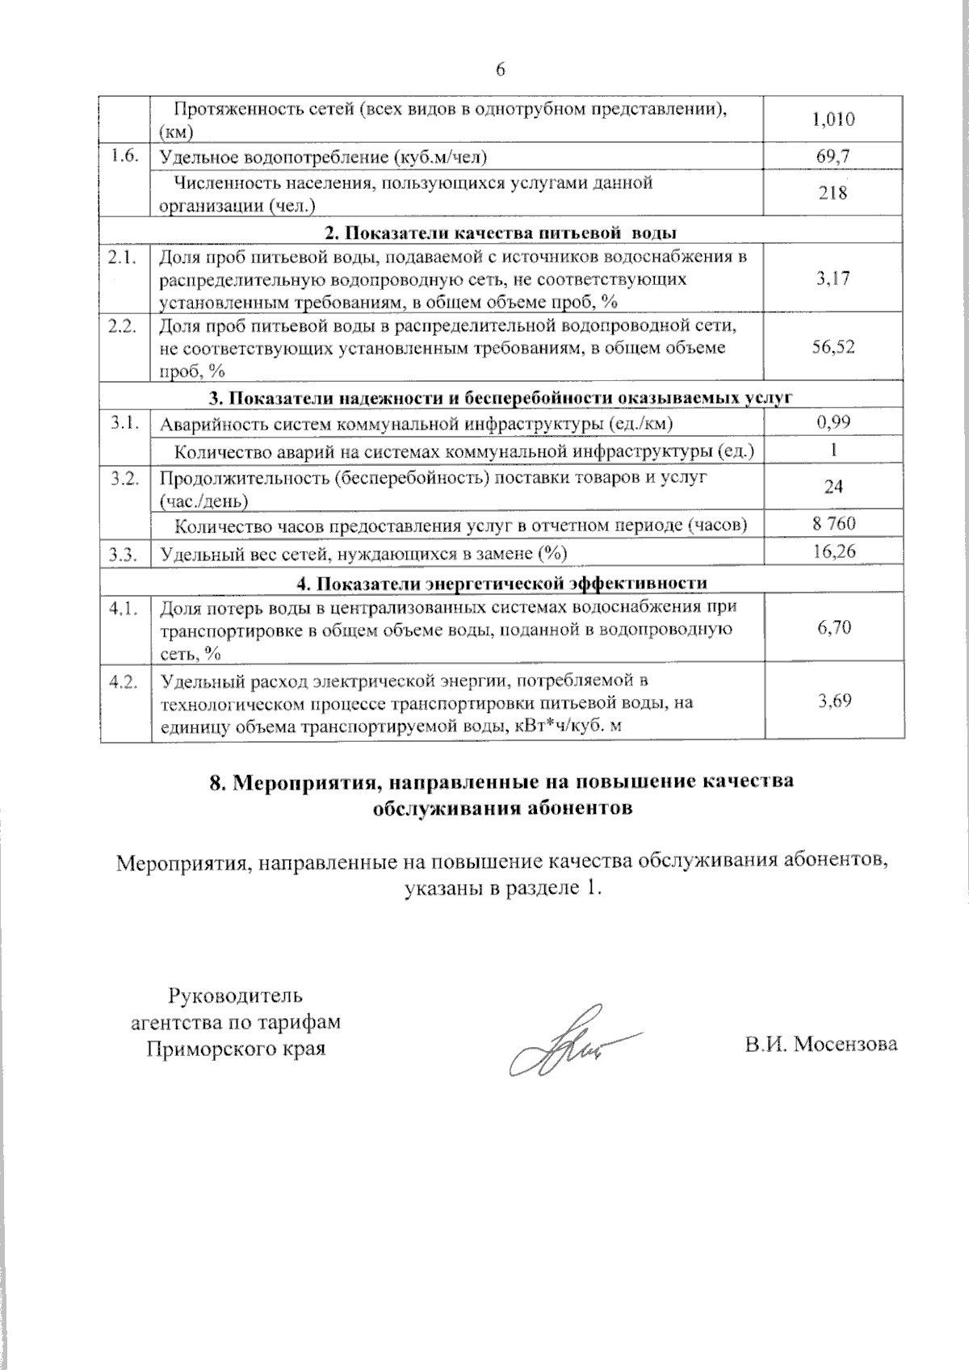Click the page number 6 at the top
[x=500, y=71]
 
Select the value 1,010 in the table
[x=833, y=120]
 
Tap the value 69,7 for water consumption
[x=833, y=157]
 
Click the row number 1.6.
[x=124, y=156]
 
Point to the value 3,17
[x=833, y=279]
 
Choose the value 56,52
[x=833, y=347]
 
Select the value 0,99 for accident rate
[x=833, y=421]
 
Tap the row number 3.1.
[x=124, y=422]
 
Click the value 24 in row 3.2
[x=833, y=487]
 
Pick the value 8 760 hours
[x=833, y=524]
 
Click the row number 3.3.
[x=124, y=554]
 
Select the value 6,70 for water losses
[x=833, y=628]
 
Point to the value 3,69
[x=833, y=701]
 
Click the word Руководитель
[x=235, y=994]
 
